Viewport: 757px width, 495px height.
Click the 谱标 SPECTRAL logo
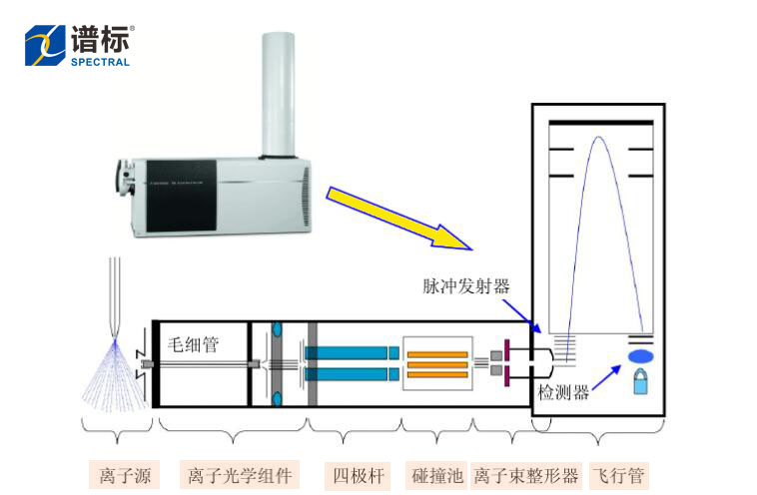(78, 45)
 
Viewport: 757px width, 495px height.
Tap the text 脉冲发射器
(465, 286)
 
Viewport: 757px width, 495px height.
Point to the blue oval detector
(640, 355)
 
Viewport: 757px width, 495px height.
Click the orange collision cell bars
(436, 364)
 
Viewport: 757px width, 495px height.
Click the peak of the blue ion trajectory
(598, 137)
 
